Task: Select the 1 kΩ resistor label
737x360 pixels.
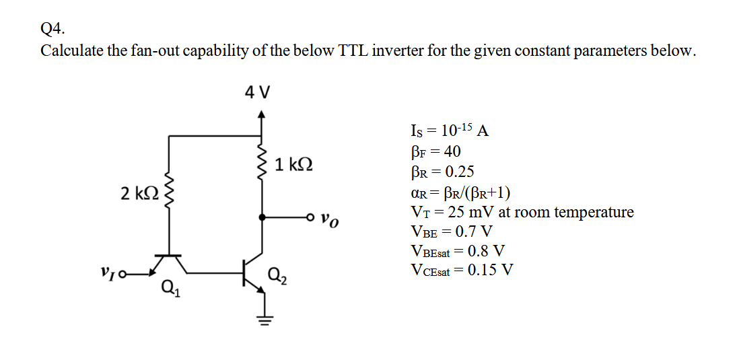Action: (294, 164)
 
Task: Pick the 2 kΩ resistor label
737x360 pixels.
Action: (139, 194)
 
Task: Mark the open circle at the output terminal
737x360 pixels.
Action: (310, 217)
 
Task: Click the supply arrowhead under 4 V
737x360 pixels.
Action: (262, 117)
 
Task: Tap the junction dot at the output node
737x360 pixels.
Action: (262, 217)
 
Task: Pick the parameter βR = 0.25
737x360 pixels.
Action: (442, 172)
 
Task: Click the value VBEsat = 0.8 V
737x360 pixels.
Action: (457, 252)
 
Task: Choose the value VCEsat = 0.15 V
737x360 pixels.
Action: (461, 271)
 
